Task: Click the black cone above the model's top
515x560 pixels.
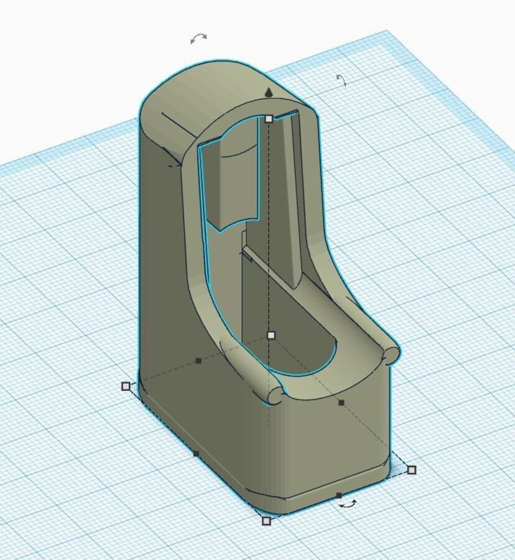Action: click(269, 93)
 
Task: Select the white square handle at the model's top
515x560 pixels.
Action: click(269, 118)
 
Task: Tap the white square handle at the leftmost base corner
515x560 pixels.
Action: click(126, 386)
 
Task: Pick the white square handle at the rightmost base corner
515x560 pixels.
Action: click(411, 470)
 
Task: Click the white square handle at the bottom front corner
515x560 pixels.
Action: click(267, 521)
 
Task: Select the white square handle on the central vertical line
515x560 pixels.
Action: click(271, 335)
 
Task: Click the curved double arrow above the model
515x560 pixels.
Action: click(198, 39)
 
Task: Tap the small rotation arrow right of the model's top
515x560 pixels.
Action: click(341, 80)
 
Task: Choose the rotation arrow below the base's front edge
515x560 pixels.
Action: click(348, 504)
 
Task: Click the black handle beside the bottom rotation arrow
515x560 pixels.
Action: click(338, 495)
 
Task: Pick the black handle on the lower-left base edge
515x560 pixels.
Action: click(197, 454)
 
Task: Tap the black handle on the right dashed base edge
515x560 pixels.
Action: click(341, 403)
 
